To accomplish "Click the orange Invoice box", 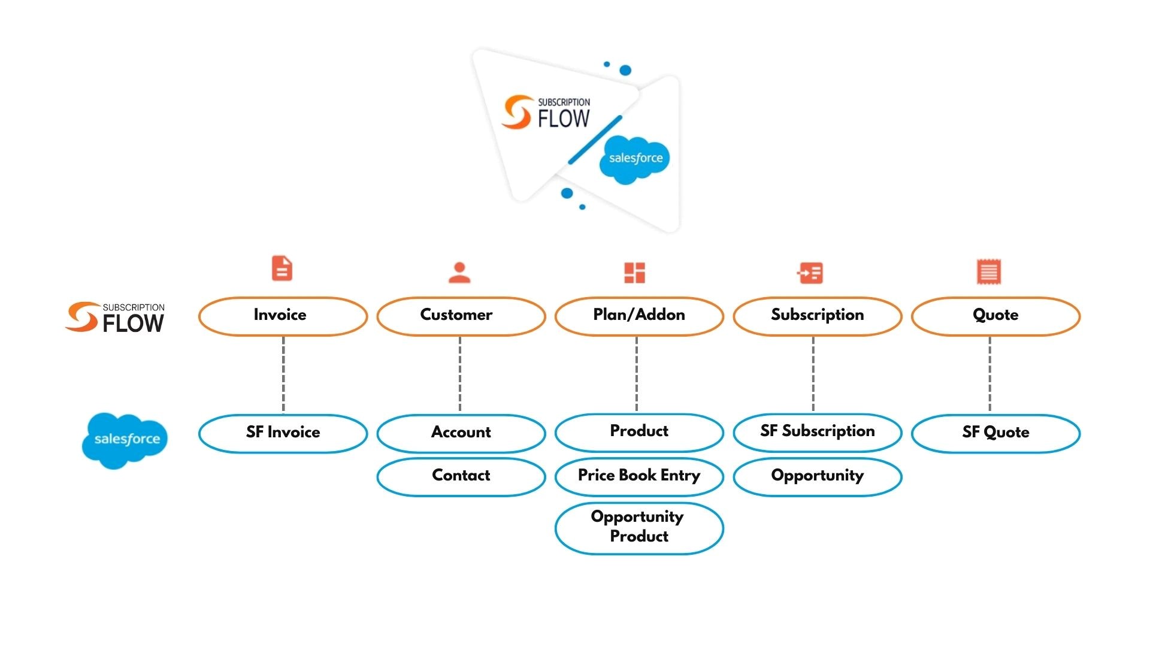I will [x=283, y=316].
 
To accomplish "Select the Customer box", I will [x=461, y=316].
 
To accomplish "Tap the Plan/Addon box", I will [x=638, y=316].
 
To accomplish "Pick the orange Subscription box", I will [x=817, y=316].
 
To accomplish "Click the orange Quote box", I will [x=995, y=316].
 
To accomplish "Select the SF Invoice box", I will [x=283, y=433].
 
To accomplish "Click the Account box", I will [x=461, y=433].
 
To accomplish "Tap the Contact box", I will [x=461, y=476].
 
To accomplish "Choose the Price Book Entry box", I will [x=638, y=476].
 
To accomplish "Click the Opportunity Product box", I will [x=638, y=527].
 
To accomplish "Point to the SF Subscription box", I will [x=817, y=432].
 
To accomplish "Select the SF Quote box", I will [x=995, y=433].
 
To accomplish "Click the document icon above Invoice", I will [x=282, y=268].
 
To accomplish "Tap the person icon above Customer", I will [x=459, y=273].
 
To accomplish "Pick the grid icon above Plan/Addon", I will [x=634, y=273].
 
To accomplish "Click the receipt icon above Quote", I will [x=988, y=272].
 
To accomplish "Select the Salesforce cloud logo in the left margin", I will [x=125, y=440].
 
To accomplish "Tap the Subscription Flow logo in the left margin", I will [x=115, y=317].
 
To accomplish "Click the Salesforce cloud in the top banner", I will [x=635, y=159].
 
